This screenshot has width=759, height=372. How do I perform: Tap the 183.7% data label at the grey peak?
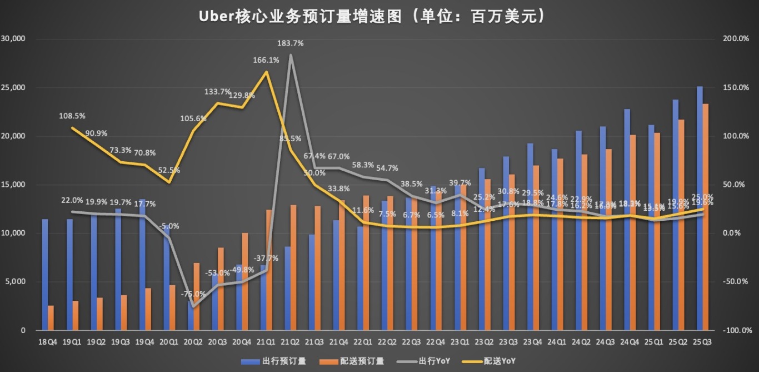[x=291, y=43]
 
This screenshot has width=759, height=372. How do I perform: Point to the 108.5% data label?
[x=72, y=116]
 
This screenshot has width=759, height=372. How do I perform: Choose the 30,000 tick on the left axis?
[x=15, y=39]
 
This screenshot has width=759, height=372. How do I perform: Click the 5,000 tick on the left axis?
[x=17, y=281]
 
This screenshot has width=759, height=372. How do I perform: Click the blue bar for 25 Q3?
[x=699, y=209]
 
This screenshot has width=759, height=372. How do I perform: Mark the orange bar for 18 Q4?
[x=51, y=318]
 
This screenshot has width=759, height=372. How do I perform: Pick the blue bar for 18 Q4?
[x=44, y=275]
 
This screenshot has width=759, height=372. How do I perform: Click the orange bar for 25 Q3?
[x=706, y=217]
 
